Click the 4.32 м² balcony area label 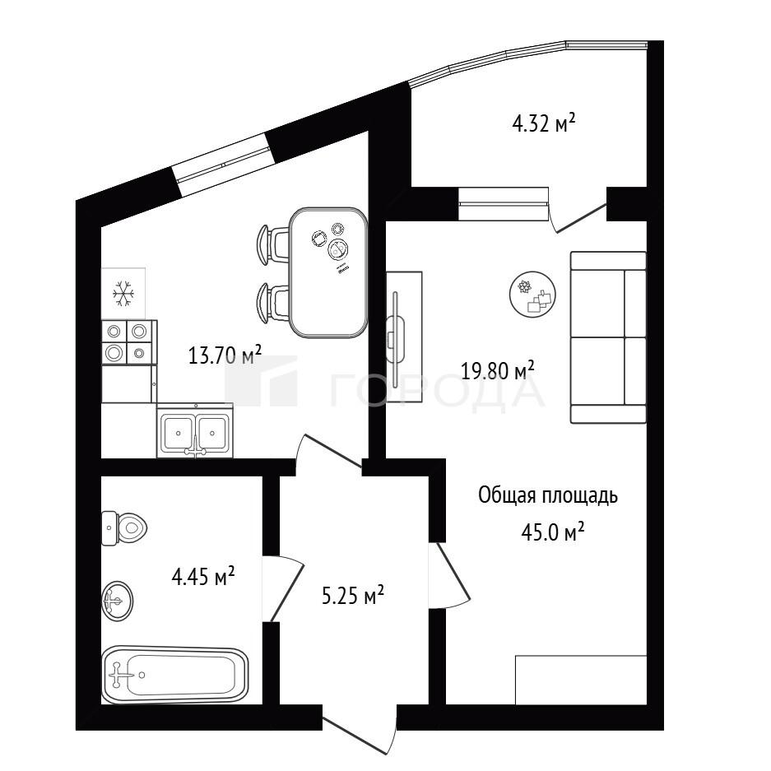click(x=543, y=123)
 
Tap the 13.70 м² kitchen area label click(x=225, y=355)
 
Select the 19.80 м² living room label click(x=498, y=370)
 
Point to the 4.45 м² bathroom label click(x=202, y=576)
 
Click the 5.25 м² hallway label click(x=352, y=596)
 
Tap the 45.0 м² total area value click(x=553, y=532)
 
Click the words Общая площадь click(x=548, y=496)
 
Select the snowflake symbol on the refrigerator click(x=123, y=294)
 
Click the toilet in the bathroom click(x=124, y=528)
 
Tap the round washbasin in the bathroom click(x=117, y=601)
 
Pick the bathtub click(x=175, y=674)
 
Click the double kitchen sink click(x=195, y=431)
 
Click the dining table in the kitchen click(x=328, y=272)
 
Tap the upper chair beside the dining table click(x=273, y=244)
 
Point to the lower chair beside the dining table click(x=273, y=303)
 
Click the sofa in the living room click(x=608, y=337)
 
